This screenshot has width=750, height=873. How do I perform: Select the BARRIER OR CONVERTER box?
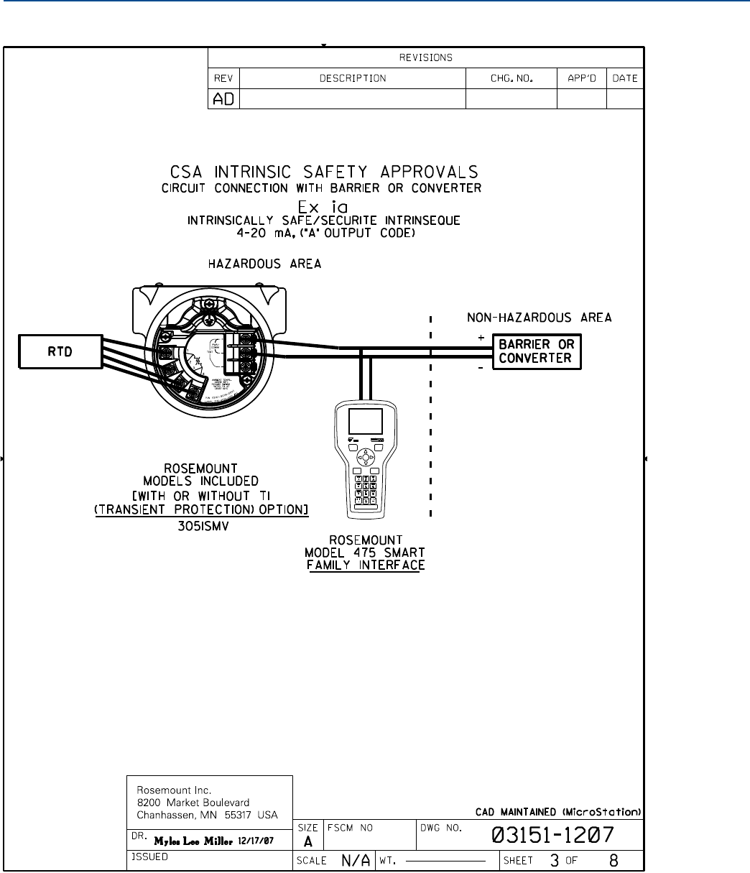coord(537,352)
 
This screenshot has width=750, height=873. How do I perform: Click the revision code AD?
coord(223,98)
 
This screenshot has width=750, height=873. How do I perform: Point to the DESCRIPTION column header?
coord(353,78)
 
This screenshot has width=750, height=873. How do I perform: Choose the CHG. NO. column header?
coord(511,78)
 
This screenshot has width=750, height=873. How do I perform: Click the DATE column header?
coord(625,78)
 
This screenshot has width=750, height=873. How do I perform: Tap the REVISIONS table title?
coord(425,58)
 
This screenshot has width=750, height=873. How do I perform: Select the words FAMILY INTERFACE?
coord(376,565)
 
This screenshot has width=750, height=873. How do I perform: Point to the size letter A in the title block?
coord(307,841)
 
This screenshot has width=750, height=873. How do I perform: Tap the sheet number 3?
coord(555,859)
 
